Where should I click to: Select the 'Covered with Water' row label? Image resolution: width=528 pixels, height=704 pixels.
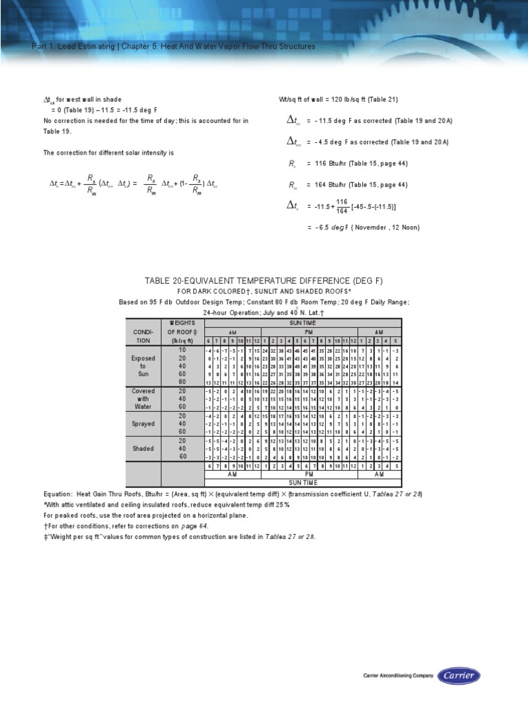coord(143,399)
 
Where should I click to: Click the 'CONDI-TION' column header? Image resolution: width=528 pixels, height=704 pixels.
coord(143,335)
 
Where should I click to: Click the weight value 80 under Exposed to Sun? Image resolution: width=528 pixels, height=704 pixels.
coord(182,382)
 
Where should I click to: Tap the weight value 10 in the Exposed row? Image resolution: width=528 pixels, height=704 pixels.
coord(182,350)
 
